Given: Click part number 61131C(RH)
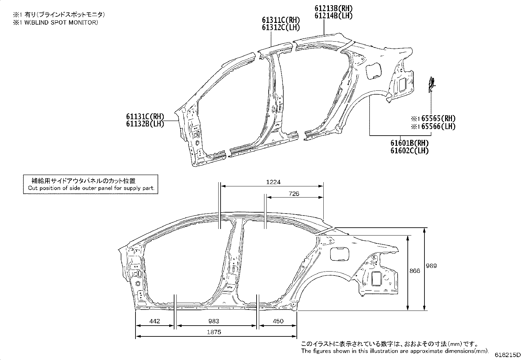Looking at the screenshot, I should pos(145,117).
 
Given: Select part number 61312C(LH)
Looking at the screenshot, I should pos(281,28).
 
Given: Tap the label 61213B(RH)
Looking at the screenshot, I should pos(334,8).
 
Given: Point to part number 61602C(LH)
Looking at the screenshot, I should pos(409,151).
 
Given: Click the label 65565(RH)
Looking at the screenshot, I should pos(438,119).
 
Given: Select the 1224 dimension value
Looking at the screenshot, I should pos(273,182).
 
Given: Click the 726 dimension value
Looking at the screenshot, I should pos(294,194).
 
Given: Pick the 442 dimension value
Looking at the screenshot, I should pos(154,321).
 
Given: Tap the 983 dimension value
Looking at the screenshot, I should pos(214,321).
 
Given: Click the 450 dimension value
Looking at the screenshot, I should pos(278,321).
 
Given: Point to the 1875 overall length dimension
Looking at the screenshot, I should pos(214,332).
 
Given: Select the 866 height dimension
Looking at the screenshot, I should pos(415,271).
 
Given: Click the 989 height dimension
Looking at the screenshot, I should pos(431,266).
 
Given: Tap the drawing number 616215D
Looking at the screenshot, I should pos(507,355).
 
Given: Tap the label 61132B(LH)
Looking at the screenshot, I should pos(145,124).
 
